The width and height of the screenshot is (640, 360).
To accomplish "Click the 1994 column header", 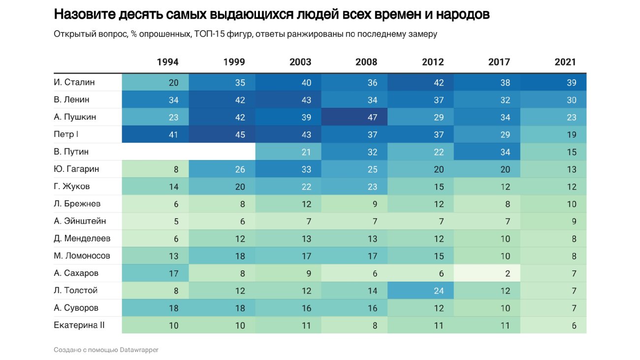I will pyautogui.click(x=167, y=62).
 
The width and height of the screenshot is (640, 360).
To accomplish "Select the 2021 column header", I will pyautogui.click(x=565, y=62).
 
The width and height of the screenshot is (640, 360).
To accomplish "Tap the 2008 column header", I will pyautogui.click(x=366, y=62).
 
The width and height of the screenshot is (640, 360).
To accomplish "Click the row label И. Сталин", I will pyautogui.click(x=74, y=82).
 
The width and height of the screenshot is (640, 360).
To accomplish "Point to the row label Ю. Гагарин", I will pyautogui.click(x=76, y=169).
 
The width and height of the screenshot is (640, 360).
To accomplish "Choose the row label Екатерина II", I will pyautogui.click(x=79, y=325).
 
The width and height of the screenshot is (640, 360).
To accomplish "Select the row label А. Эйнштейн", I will pyautogui.click(x=80, y=221).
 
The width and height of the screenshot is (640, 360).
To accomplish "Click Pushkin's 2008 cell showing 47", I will pyautogui.click(x=354, y=117).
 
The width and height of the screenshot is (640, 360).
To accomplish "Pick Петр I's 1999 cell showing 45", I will pyautogui.click(x=222, y=134).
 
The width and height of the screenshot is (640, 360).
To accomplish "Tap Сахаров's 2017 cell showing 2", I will pyautogui.click(x=487, y=273).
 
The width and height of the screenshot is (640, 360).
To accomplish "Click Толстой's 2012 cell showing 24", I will pyautogui.click(x=420, y=291).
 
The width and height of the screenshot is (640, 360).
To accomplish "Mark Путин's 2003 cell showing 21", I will pyautogui.click(x=288, y=152).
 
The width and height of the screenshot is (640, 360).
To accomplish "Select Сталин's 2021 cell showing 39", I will pyautogui.click(x=553, y=82).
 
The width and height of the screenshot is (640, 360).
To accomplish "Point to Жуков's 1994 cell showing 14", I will pyautogui.click(x=155, y=187).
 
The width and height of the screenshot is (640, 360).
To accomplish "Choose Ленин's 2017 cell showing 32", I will pyautogui.click(x=487, y=100).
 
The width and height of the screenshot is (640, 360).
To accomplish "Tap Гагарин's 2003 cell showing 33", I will pyautogui.click(x=288, y=169).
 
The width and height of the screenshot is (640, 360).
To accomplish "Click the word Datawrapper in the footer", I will pyautogui.click(x=139, y=350).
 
